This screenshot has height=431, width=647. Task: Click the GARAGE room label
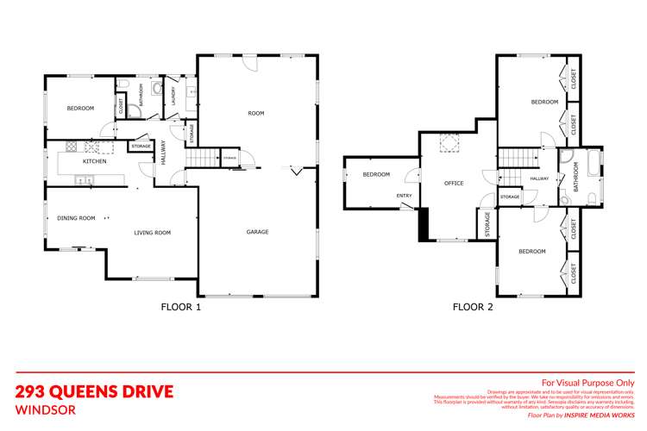pyautogui.click(x=257, y=232)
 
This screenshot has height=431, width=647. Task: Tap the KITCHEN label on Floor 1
pyautogui.click(x=94, y=162)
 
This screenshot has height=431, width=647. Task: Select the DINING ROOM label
pyautogui.click(x=76, y=219)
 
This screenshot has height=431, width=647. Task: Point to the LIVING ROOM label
pyautogui.click(x=152, y=233)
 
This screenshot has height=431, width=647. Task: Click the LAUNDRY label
pyautogui.click(x=174, y=93)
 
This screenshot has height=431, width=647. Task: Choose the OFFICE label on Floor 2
pyautogui.click(x=454, y=184)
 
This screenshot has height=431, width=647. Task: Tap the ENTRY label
pyautogui.click(x=405, y=196)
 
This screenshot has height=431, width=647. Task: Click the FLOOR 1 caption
pyautogui.click(x=181, y=306)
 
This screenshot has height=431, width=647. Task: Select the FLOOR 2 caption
pyautogui.click(x=473, y=306)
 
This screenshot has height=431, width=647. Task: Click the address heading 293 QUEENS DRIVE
pyautogui.click(x=95, y=392)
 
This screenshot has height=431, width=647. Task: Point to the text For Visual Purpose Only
pyautogui.click(x=587, y=382)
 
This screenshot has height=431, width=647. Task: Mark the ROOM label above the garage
pyautogui.click(x=256, y=113)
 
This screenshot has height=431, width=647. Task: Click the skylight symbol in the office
pyautogui.click(x=449, y=142)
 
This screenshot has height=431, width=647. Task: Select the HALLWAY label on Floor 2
pyautogui.click(x=539, y=178)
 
